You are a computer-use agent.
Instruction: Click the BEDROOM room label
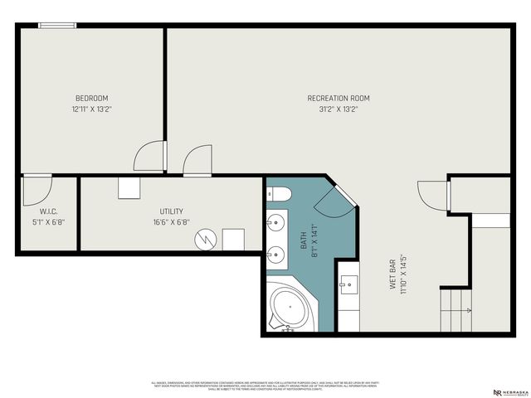[x=91, y=98]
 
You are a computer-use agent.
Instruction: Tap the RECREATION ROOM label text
[x=339, y=98]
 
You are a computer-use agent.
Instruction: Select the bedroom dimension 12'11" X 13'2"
[x=91, y=109]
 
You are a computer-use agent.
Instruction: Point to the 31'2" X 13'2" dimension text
[x=339, y=109]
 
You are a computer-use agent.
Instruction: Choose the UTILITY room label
[x=172, y=211]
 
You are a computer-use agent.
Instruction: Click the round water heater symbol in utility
[x=204, y=240]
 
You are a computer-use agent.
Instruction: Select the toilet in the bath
[x=278, y=195]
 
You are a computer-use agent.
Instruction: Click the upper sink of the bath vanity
[x=277, y=222]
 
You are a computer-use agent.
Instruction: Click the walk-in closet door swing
[x=36, y=189]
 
